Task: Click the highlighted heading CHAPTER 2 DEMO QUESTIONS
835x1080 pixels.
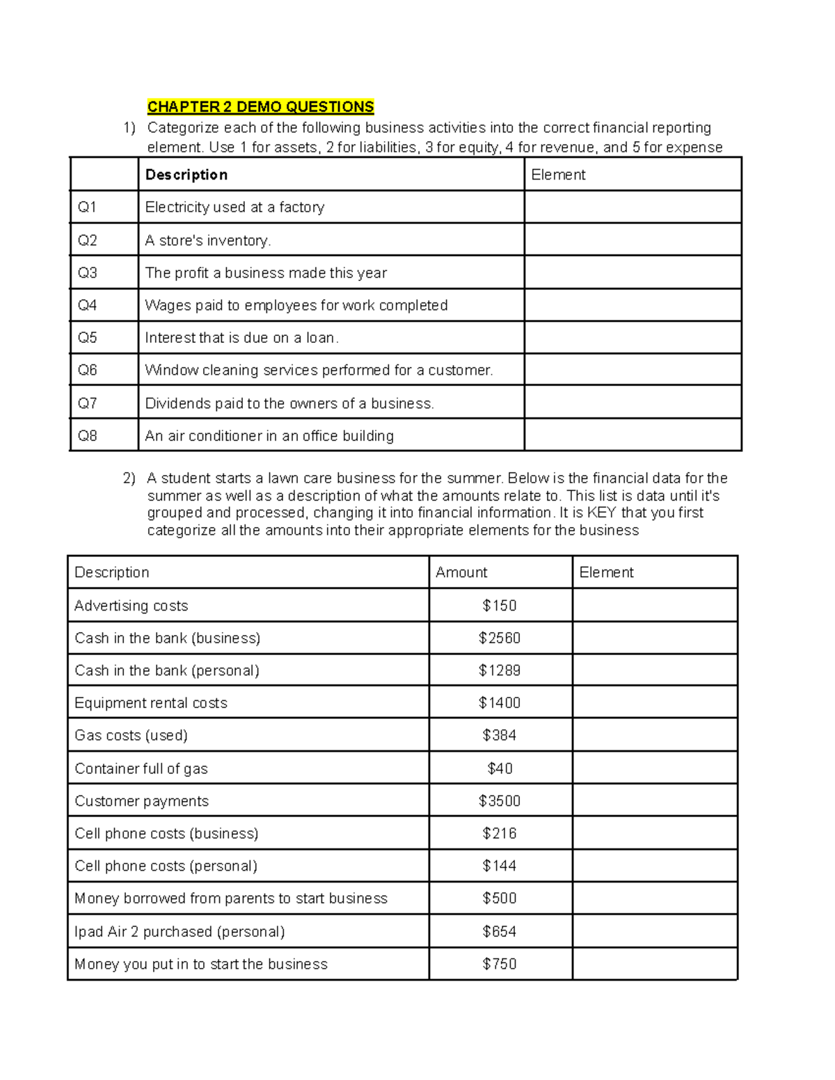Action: pos(260,106)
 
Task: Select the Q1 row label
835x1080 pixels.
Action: pos(88,207)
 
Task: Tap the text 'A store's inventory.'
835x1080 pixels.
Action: pos(207,241)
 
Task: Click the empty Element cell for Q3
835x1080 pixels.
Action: pos(632,273)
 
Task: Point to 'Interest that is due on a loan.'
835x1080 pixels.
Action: pos(241,338)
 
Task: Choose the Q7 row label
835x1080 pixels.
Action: pos(88,403)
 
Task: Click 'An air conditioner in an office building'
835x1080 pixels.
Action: pos(269,436)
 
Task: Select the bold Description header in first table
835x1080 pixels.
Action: pos(186,175)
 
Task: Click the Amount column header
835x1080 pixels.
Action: pos(461,572)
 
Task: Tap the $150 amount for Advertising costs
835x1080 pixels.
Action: pos(499,606)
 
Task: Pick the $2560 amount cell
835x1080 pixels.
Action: pos(499,638)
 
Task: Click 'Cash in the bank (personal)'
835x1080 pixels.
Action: pos(166,670)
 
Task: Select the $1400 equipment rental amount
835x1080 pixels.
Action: pos(499,703)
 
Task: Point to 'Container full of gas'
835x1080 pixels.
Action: pos(141,768)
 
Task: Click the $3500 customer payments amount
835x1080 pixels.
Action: pos(499,801)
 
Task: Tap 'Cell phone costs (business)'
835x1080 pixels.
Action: pos(166,833)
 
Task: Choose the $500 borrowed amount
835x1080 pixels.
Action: pos(499,898)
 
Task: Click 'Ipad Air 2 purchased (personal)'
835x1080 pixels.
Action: pos(180,931)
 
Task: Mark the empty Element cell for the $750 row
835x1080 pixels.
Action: pos(654,964)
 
